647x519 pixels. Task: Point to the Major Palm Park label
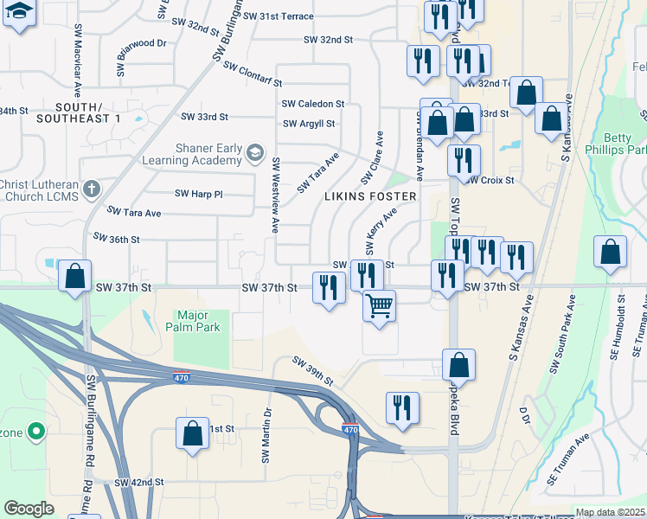click(198, 321)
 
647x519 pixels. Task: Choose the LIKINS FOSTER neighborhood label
click(370, 196)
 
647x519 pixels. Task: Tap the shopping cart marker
click(379, 306)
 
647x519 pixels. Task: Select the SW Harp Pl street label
click(198, 194)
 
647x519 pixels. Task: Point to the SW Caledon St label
click(312, 103)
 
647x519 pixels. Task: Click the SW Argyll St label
click(308, 124)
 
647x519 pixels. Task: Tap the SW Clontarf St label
click(253, 74)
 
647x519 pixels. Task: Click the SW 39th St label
click(312, 372)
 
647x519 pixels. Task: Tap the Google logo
click(29, 509)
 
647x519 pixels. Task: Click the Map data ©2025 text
click(609, 512)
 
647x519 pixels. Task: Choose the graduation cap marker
click(20, 13)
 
